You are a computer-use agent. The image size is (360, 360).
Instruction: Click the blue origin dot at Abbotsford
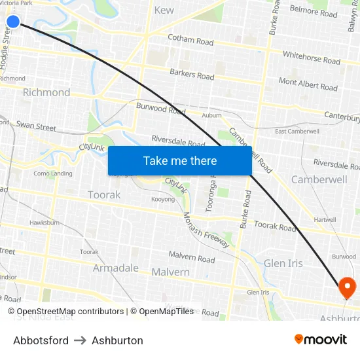pyautogui.click(x=13, y=22)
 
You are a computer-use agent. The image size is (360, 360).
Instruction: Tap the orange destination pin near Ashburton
pyautogui.click(x=346, y=287)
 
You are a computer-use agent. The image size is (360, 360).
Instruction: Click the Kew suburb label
pyautogui.click(x=164, y=10)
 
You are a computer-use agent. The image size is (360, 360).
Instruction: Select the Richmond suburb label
pyautogui.click(x=46, y=92)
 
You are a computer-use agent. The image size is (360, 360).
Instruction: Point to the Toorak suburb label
pyautogui.click(x=104, y=195)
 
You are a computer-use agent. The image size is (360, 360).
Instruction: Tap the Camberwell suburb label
pyautogui.click(x=319, y=179)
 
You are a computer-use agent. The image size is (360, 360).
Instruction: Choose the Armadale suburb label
pyautogui.click(x=116, y=268)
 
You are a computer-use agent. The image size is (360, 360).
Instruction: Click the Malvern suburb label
pyautogui.click(x=170, y=272)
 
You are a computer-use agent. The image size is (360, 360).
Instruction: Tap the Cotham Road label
pyautogui.click(x=190, y=40)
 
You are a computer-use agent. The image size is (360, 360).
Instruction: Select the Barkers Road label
pyautogui.click(x=192, y=75)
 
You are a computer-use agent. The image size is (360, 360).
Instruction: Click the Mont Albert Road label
pyautogui.click(x=308, y=84)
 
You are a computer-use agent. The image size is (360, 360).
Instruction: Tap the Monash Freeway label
pyautogui.click(x=206, y=230)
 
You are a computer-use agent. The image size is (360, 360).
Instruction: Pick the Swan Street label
pyautogui.click(x=37, y=126)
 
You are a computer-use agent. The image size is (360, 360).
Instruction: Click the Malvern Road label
pyautogui.click(x=192, y=259)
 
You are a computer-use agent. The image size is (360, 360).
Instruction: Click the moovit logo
pyautogui.click(x=320, y=339)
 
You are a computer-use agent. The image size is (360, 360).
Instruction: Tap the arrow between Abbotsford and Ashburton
pyautogui.click(x=80, y=340)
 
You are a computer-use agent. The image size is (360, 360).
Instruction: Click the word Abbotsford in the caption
pyautogui.click(x=41, y=340)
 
